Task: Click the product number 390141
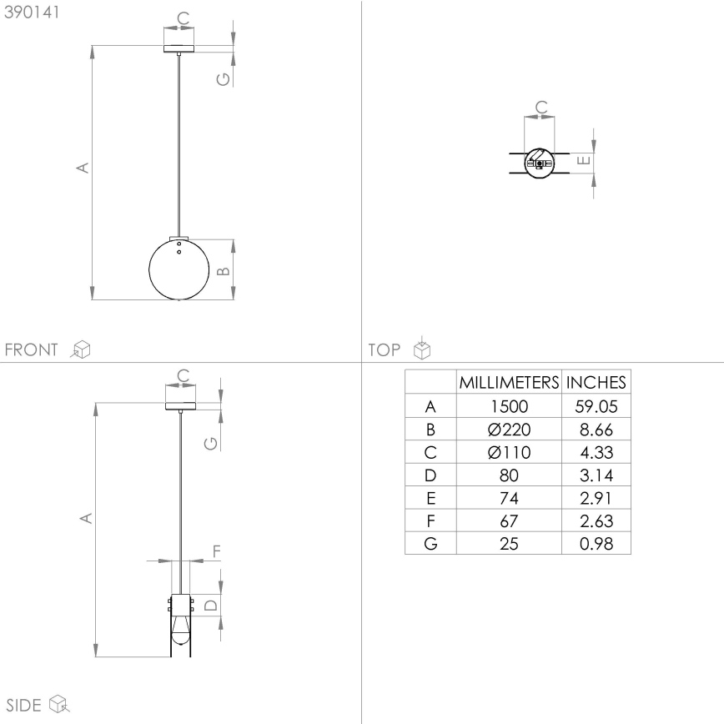32,12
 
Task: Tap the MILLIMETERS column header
509,382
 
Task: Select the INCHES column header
596,382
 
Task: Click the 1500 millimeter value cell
509,406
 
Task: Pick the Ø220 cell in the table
509,430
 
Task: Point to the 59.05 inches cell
596,406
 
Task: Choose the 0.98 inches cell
596,544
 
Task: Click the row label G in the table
430,544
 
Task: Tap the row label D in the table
430,475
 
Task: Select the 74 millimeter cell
509,498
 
